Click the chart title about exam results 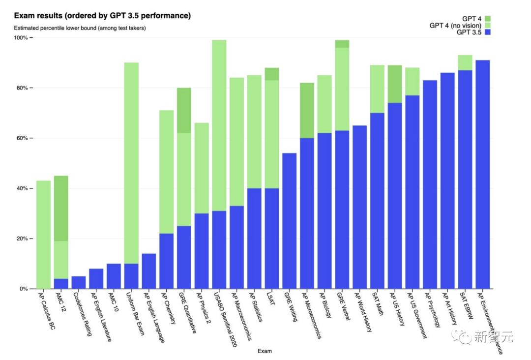coord(102,16)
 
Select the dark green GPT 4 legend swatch coord(488,18)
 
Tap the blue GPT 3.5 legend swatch coord(488,32)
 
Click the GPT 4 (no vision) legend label coord(455,26)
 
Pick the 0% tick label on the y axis coord(24,289)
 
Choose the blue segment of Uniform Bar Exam coord(131,276)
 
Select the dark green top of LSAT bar coord(272,74)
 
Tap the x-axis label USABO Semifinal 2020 coord(225,320)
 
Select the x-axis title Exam coord(265,351)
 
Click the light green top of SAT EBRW coord(465,62)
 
